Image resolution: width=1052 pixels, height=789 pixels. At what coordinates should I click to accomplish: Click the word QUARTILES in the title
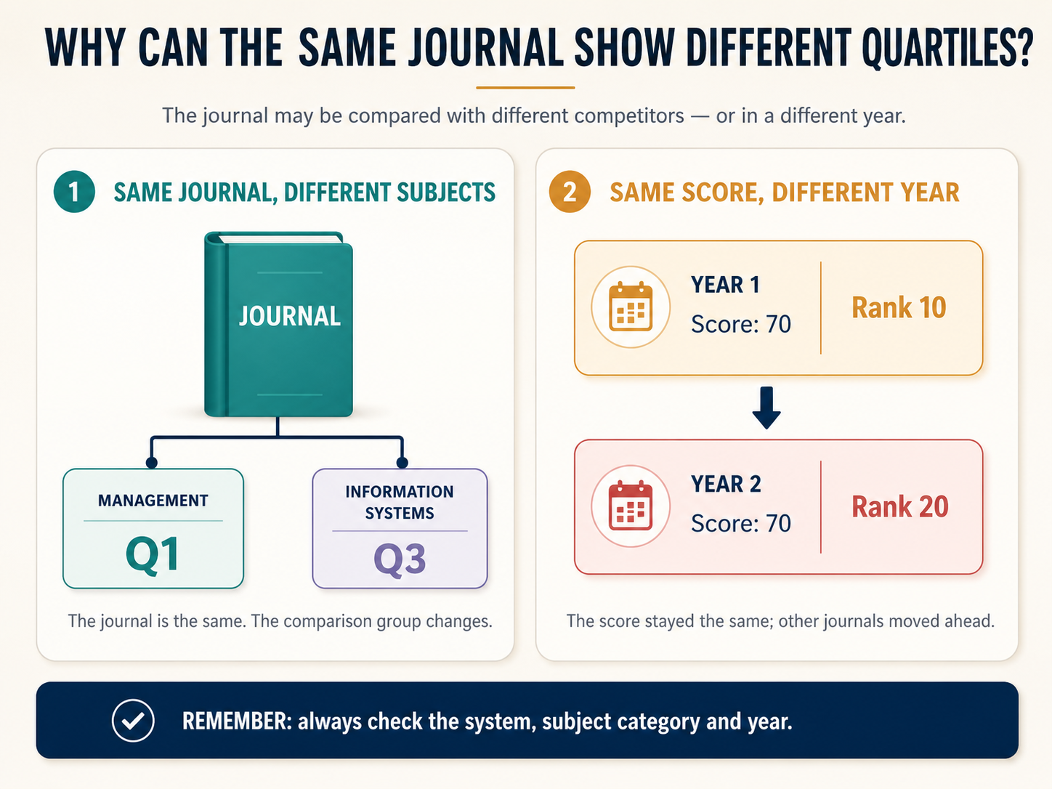pyautogui.click(x=947, y=48)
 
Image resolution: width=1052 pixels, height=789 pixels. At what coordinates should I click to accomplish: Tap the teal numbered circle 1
pyautogui.click(x=74, y=192)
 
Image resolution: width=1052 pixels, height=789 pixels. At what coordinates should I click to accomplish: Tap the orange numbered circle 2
pyautogui.click(x=570, y=192)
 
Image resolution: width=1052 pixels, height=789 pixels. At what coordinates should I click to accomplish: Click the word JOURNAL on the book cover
pyautogui.click(x=289, y=316)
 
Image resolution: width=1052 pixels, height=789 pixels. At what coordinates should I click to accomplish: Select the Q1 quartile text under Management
pyautogui.click(x=153, y=554)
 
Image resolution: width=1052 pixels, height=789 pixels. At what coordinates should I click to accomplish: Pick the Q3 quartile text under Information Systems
pyautogui.click(x=400, y=559)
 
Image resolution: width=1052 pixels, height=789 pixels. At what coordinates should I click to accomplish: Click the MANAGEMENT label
pyautogui.click(x=153, y=501)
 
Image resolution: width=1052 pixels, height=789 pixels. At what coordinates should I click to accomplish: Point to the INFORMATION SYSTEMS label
pyautogui.click(x=400, y=502)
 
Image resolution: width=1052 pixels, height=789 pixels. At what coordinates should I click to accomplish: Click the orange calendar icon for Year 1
pyautogui.click(x=631, y=307)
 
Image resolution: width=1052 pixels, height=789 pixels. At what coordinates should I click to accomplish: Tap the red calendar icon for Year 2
pyautogui.click(x=631, y=506)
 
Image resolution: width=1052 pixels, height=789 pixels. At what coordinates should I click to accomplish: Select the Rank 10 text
pyautogui.click(x=899, y=307)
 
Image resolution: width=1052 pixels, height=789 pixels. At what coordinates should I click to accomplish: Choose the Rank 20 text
pyautogui.click(x=900, y=506)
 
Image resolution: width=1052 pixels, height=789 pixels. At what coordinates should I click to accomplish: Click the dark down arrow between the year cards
pyautogui.click(x=766, y=408)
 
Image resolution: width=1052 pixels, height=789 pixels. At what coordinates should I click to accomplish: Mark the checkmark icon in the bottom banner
pyautogui.click(x=133, y=721)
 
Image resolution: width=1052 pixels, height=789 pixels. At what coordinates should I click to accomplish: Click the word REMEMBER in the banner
pyautogui.click(x=238, y=721)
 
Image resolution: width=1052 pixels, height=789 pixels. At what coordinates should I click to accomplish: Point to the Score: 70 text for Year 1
pyautogui.click(x=741, y=324)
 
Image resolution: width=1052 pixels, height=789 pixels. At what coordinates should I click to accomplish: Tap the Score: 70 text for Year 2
pyautogui.click(x=741, y=523)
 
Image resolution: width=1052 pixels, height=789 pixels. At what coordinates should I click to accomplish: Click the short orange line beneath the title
pyautogui.click(x=525, y=88)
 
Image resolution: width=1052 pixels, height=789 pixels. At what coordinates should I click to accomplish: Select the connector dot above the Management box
pyautogui.click(x=151, y=462)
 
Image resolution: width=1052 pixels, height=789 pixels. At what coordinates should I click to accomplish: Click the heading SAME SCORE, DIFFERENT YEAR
pyautogui.click(x=785, y=192)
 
